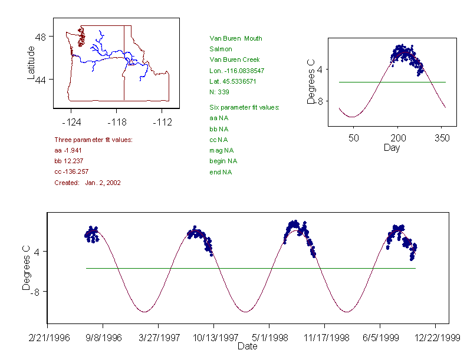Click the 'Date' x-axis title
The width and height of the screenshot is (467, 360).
pos(247,346)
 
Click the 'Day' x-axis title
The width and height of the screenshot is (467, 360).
pos(391,148)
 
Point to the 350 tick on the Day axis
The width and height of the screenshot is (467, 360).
pos(442,138)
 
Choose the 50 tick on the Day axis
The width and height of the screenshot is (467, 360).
pos(353,138)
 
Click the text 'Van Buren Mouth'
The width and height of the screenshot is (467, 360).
pos(236,38)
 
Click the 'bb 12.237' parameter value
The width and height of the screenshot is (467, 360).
pos(68,161)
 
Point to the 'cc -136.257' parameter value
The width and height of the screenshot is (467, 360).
pos(71,171)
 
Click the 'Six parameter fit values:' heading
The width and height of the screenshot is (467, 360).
pos(244,107)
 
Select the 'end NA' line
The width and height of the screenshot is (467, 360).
pos(221,172)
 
